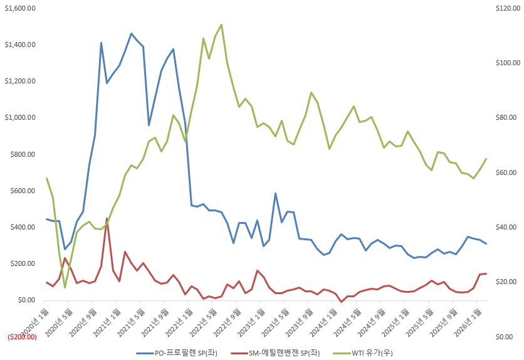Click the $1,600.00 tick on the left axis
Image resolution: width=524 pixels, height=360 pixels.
point(20,8)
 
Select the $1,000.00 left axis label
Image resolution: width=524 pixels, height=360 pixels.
point(20,117)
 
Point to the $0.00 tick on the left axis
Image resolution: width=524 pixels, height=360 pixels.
point(26,300)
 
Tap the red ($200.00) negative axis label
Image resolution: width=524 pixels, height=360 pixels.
point(23,337)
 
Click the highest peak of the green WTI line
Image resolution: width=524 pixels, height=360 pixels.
point(221,24)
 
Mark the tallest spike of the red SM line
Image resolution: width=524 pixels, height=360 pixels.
point(107,218)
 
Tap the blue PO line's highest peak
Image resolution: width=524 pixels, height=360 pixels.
point(131,33)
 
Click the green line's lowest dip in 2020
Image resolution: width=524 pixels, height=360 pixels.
point(65,287)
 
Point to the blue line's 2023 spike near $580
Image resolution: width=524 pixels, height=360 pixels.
point(275,193)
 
